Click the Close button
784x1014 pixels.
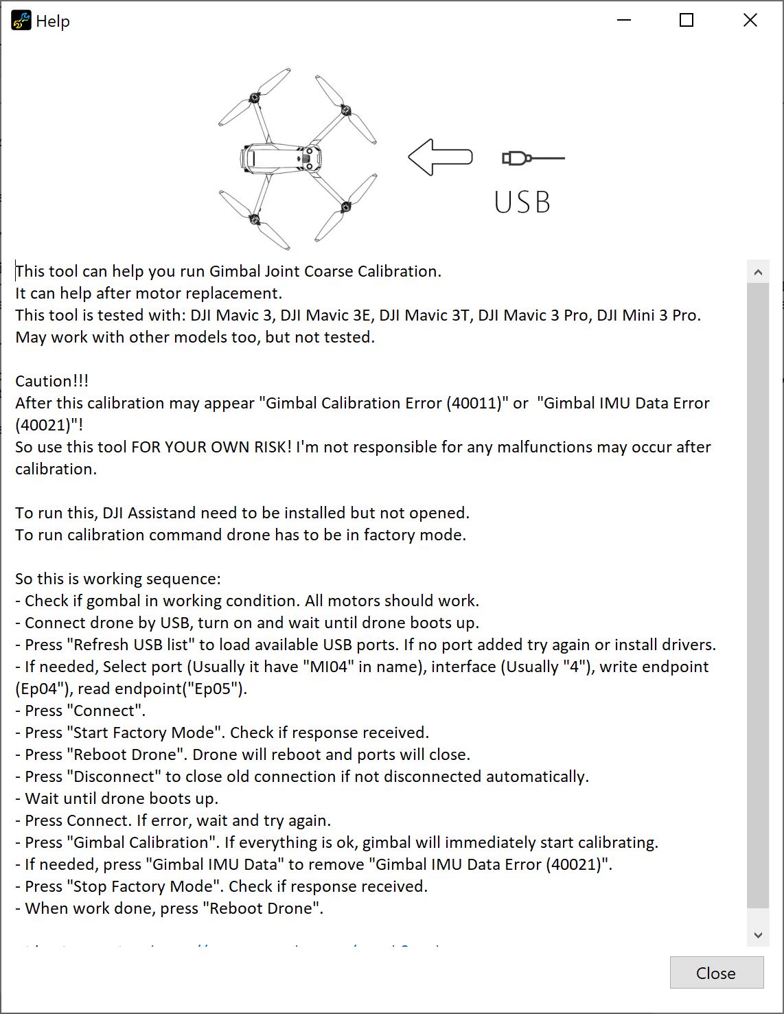tap(716, 973)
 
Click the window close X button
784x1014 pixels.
tap(750, 21)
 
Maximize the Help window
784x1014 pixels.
tap(686, 21)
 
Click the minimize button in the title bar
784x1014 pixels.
tap(623, 21)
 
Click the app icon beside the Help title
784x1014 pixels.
tap(21, 21)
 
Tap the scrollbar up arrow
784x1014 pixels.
tap(758, 272)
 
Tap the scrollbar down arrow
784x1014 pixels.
tap(758, 934)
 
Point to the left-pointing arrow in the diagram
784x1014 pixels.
tap(440, 157)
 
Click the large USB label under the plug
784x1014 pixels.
tap(522, 202)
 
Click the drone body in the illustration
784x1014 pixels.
tap(281, 158)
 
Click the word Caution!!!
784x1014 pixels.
tap(52, 381)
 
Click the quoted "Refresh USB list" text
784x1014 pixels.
tap(131, 645)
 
